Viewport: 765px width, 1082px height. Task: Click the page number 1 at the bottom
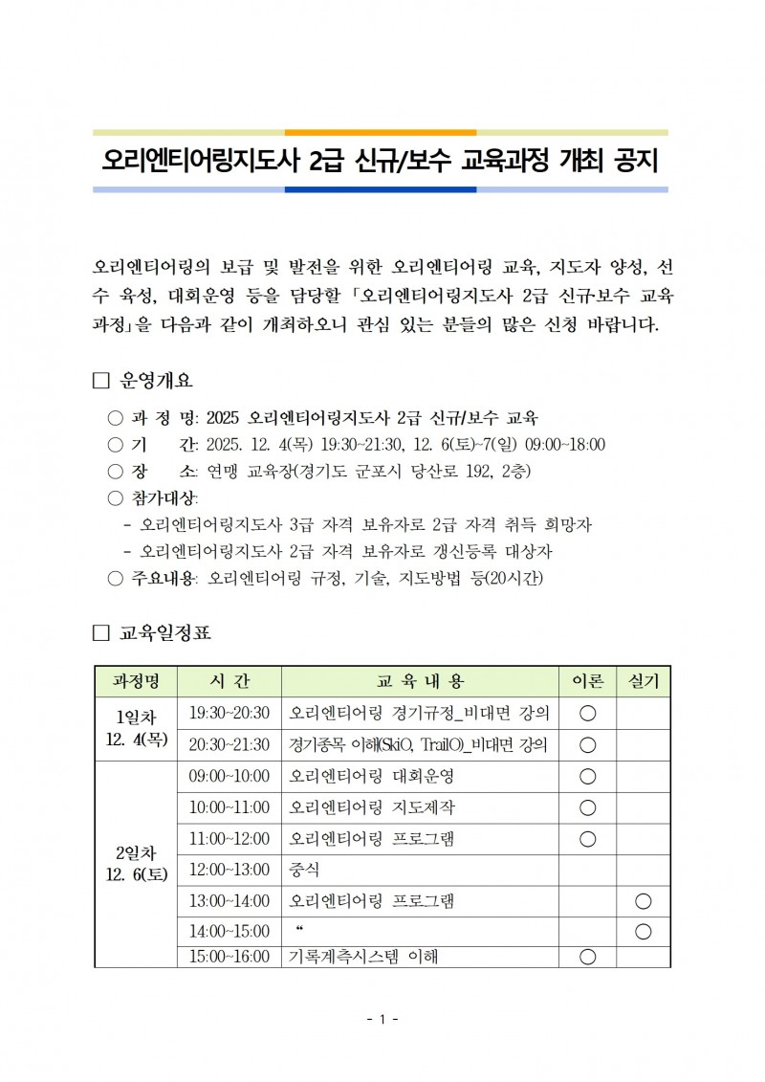(382, 1020)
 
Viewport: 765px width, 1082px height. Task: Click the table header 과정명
(136, 681)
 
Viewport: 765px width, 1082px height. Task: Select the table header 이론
(588, 681)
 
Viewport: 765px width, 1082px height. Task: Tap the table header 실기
(643, 681)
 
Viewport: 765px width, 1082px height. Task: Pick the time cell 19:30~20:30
(229, 713)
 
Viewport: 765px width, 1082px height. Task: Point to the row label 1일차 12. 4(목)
(136, 728)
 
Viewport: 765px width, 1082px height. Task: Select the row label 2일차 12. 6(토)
(136, 862)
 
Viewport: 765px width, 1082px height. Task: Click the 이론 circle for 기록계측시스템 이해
(588, 956)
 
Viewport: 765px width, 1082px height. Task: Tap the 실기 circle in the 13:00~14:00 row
(643, 901)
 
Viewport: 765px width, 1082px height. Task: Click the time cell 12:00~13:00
(229, 870)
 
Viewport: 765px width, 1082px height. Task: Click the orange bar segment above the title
(381, 132)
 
